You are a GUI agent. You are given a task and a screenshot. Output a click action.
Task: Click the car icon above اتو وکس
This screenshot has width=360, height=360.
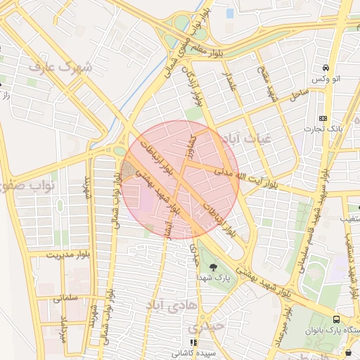tap(326, 68)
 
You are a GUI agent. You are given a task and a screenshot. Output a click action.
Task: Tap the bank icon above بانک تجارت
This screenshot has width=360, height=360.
tap(323, 118)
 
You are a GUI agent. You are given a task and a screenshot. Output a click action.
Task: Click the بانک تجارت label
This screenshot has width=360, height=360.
tap(323, 129)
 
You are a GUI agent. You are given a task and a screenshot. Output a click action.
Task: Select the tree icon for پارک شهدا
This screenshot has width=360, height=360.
tap(213, 266)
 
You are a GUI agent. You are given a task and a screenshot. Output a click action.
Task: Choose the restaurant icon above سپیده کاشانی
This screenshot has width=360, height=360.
tap(193, 342)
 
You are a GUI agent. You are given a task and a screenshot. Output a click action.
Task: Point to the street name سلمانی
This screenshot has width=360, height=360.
tap(67, 298)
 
